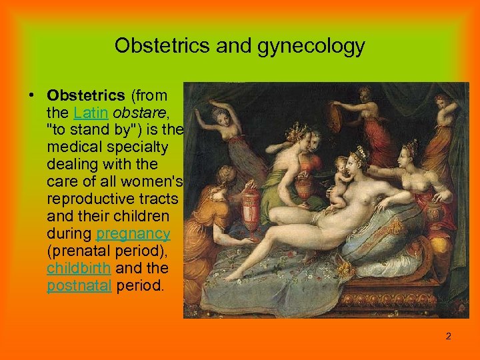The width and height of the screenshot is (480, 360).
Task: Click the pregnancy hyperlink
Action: [133, 234]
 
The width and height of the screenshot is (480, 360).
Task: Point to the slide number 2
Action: [449, 337]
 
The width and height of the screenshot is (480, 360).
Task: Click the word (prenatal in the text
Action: [75, 252]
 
